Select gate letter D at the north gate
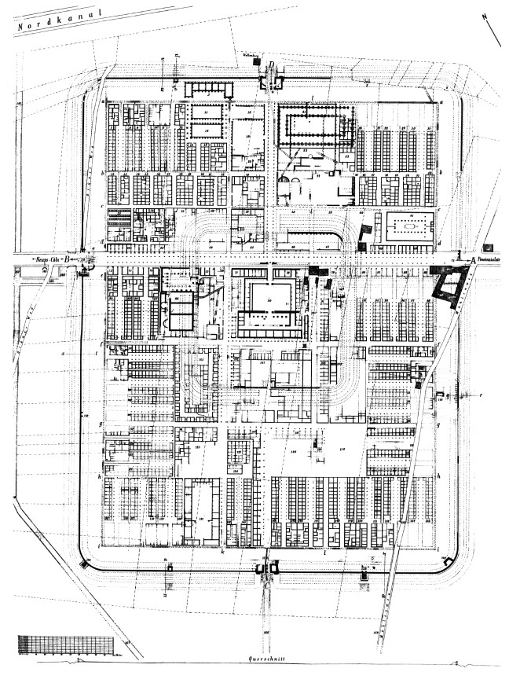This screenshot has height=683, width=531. (x=273, y=66)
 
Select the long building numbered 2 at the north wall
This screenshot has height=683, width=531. (x=209, y=88)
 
